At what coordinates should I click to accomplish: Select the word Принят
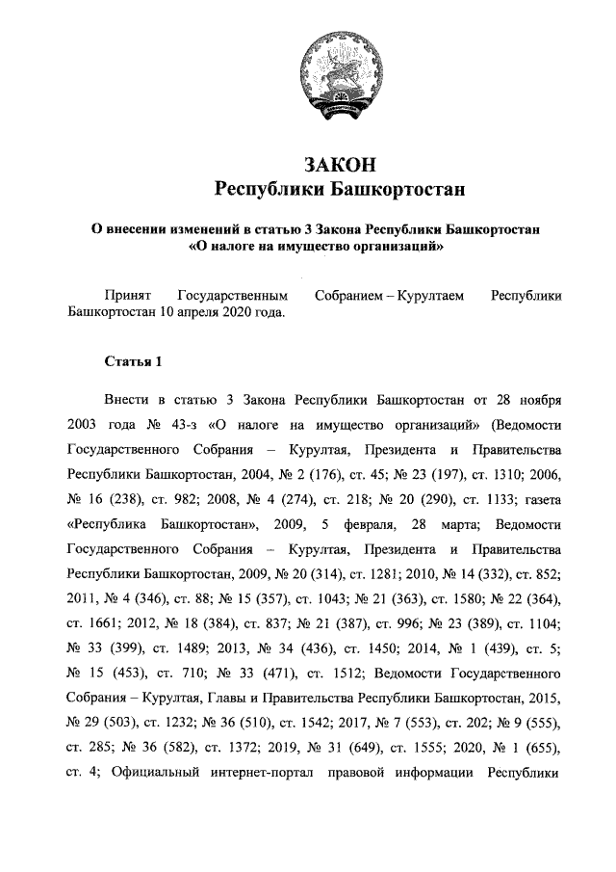(x=125, y=295)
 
